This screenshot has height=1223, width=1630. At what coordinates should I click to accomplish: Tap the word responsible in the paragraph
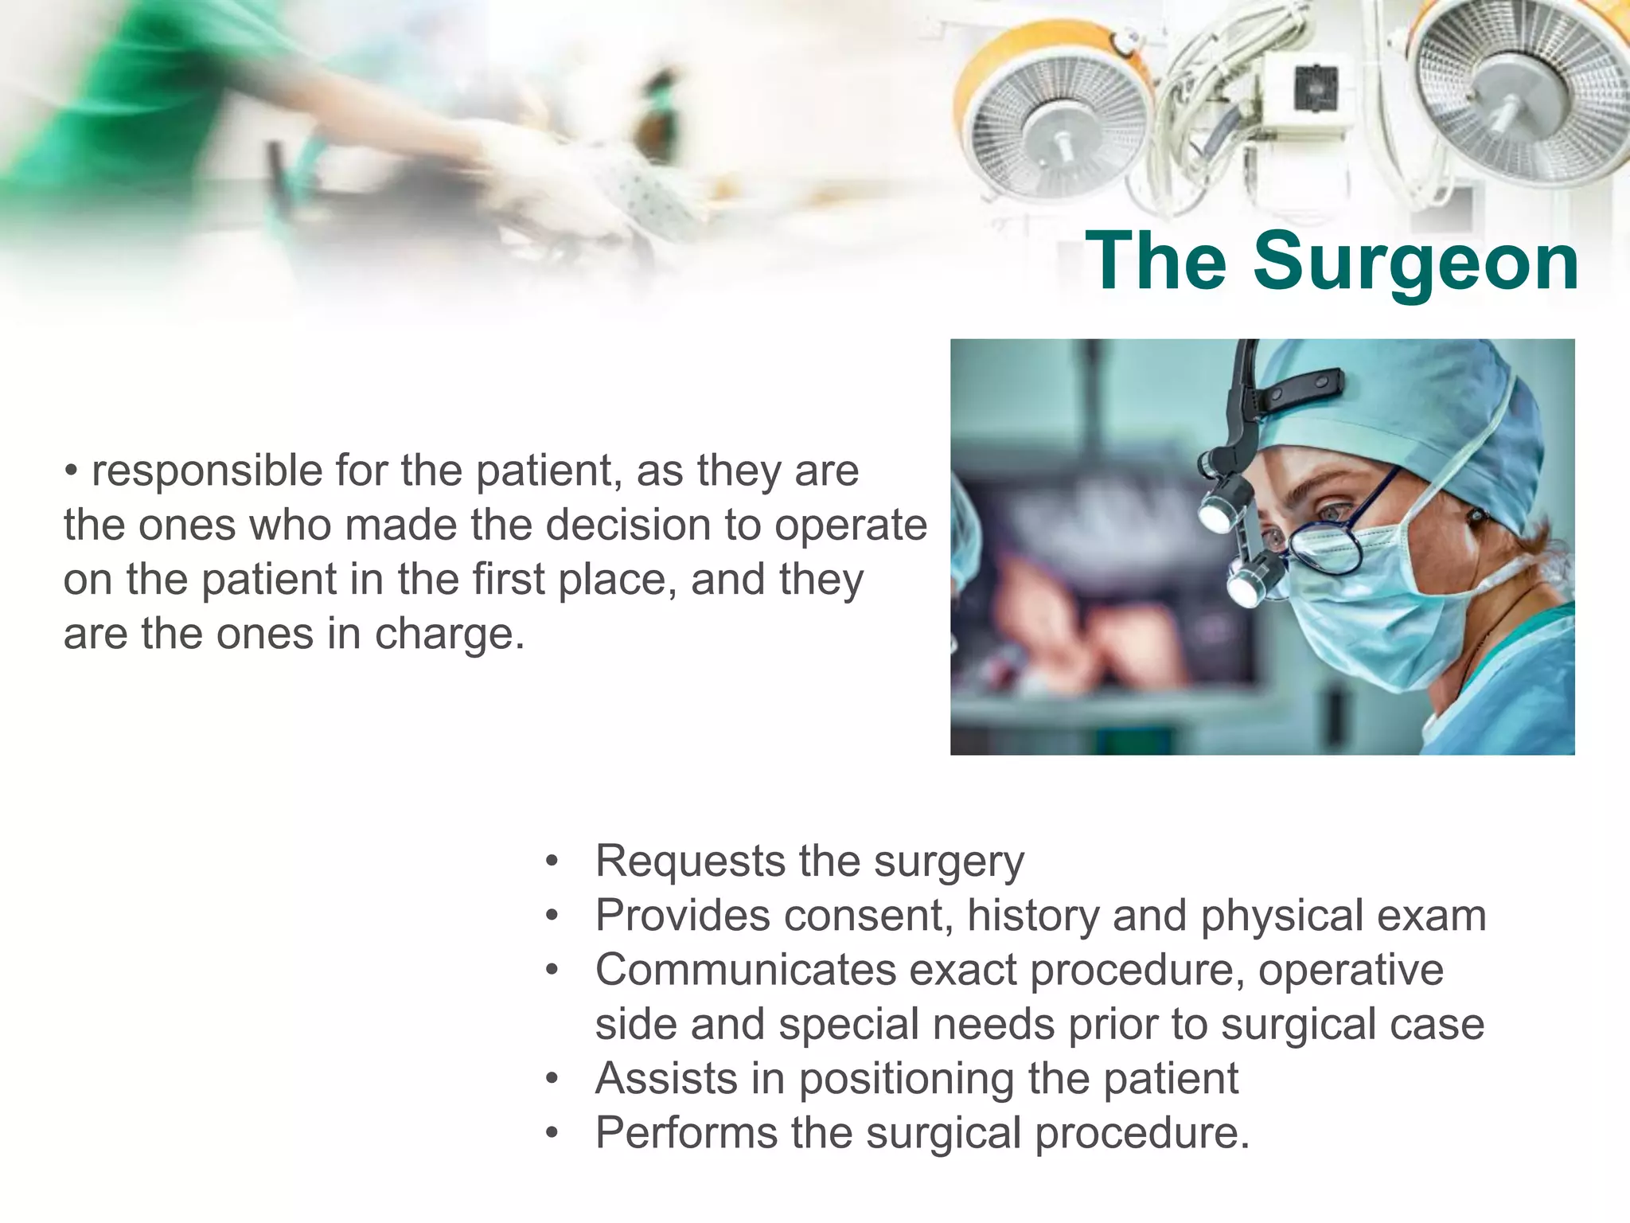click(206, 471)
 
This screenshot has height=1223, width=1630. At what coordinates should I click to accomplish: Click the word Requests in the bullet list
click(690, 862)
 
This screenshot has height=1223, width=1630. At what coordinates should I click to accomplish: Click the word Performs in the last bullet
click(685, 1133)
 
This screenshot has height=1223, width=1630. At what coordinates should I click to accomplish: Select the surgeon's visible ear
click(1476, 518)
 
